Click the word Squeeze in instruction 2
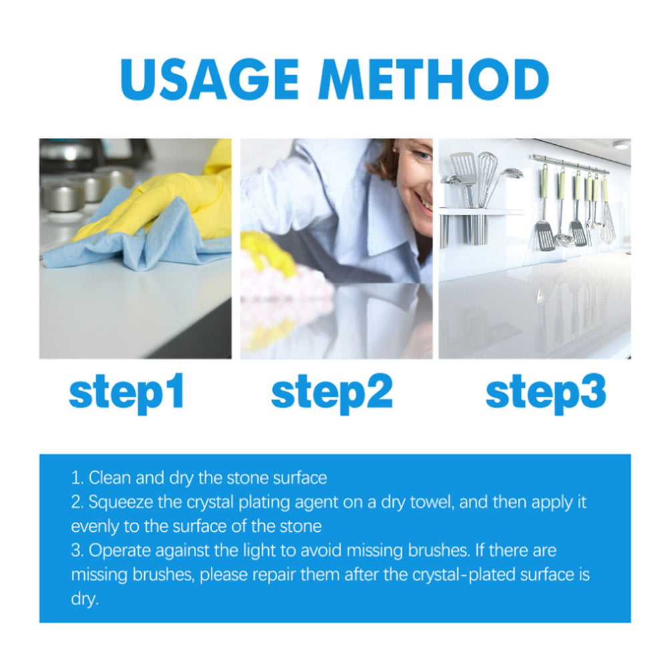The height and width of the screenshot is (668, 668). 117,502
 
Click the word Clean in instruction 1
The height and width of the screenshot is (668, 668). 107,478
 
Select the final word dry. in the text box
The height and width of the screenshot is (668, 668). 84,599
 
